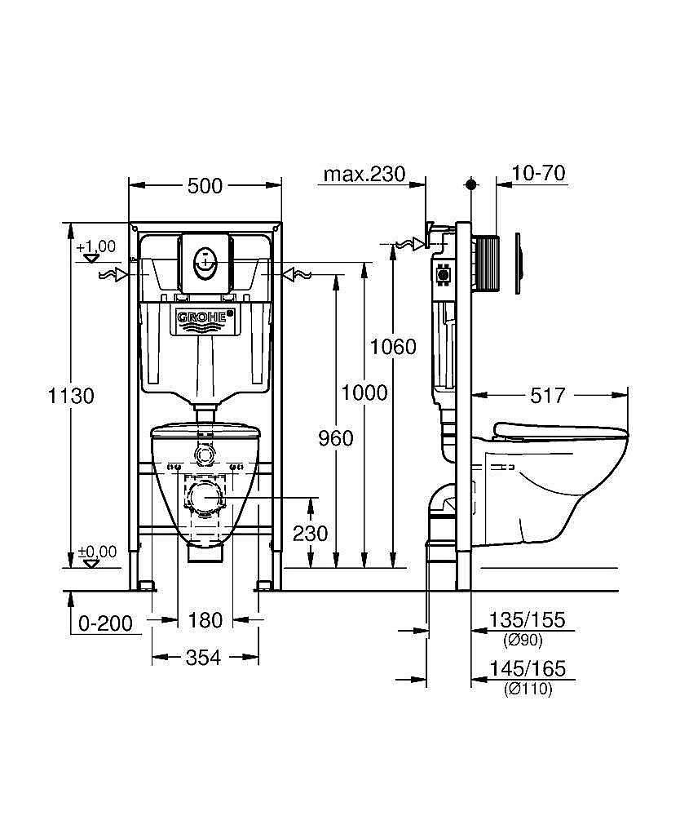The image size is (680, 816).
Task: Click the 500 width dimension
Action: (x=205, y=186)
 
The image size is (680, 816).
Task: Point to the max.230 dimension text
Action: (x=364, y=174)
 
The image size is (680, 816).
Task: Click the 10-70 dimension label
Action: (x=538, y=174)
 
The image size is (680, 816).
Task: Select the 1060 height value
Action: (x=393, y=347)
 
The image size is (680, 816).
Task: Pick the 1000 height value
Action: (x=364, y=392)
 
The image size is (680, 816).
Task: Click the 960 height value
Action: (x=335, y=439)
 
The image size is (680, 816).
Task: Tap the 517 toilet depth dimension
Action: (x=547, y=396)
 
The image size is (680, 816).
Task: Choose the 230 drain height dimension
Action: (x=310, y=534)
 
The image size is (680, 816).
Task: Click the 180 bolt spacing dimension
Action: (x=205, y=620)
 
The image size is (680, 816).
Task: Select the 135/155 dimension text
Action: (x=526, y=620)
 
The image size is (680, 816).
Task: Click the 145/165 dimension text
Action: (x=526, y=670)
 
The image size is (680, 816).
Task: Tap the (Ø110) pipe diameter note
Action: (x=528, y=690)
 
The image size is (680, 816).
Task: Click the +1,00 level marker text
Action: (x=95, y=246)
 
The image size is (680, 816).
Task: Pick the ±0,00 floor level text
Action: (x=96, y=552)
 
